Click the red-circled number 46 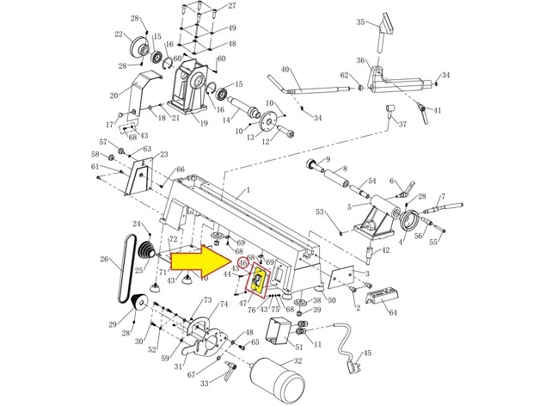tap(231, 262)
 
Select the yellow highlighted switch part tap(258, 281)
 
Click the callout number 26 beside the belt tap(104, 258)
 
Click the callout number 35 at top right tap(361, 22)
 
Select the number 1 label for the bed tap(248, 189)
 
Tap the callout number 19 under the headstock tap(204, 123)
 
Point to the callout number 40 tap(285, 69)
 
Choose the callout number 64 tap(393, 313)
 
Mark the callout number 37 tap(402, 125)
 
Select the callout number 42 tap(385, 249)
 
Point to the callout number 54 tap(372, 181)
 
